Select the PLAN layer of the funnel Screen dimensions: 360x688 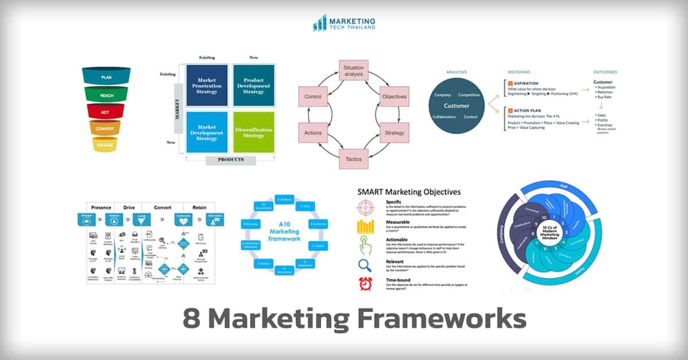(x=106, y=75)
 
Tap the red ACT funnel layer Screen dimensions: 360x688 (x=106, y=110)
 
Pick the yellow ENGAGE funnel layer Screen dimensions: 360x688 (x=105, y=144)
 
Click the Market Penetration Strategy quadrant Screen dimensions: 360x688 (x=206, y=85)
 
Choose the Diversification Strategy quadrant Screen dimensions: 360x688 (x=253, y=130)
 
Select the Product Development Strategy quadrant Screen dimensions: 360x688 (x=253, y=85)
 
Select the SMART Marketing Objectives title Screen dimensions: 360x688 (x=408, y=192)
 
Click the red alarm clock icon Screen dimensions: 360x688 (x=366, y=283)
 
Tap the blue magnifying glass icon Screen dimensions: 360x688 (x=365, y=264)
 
